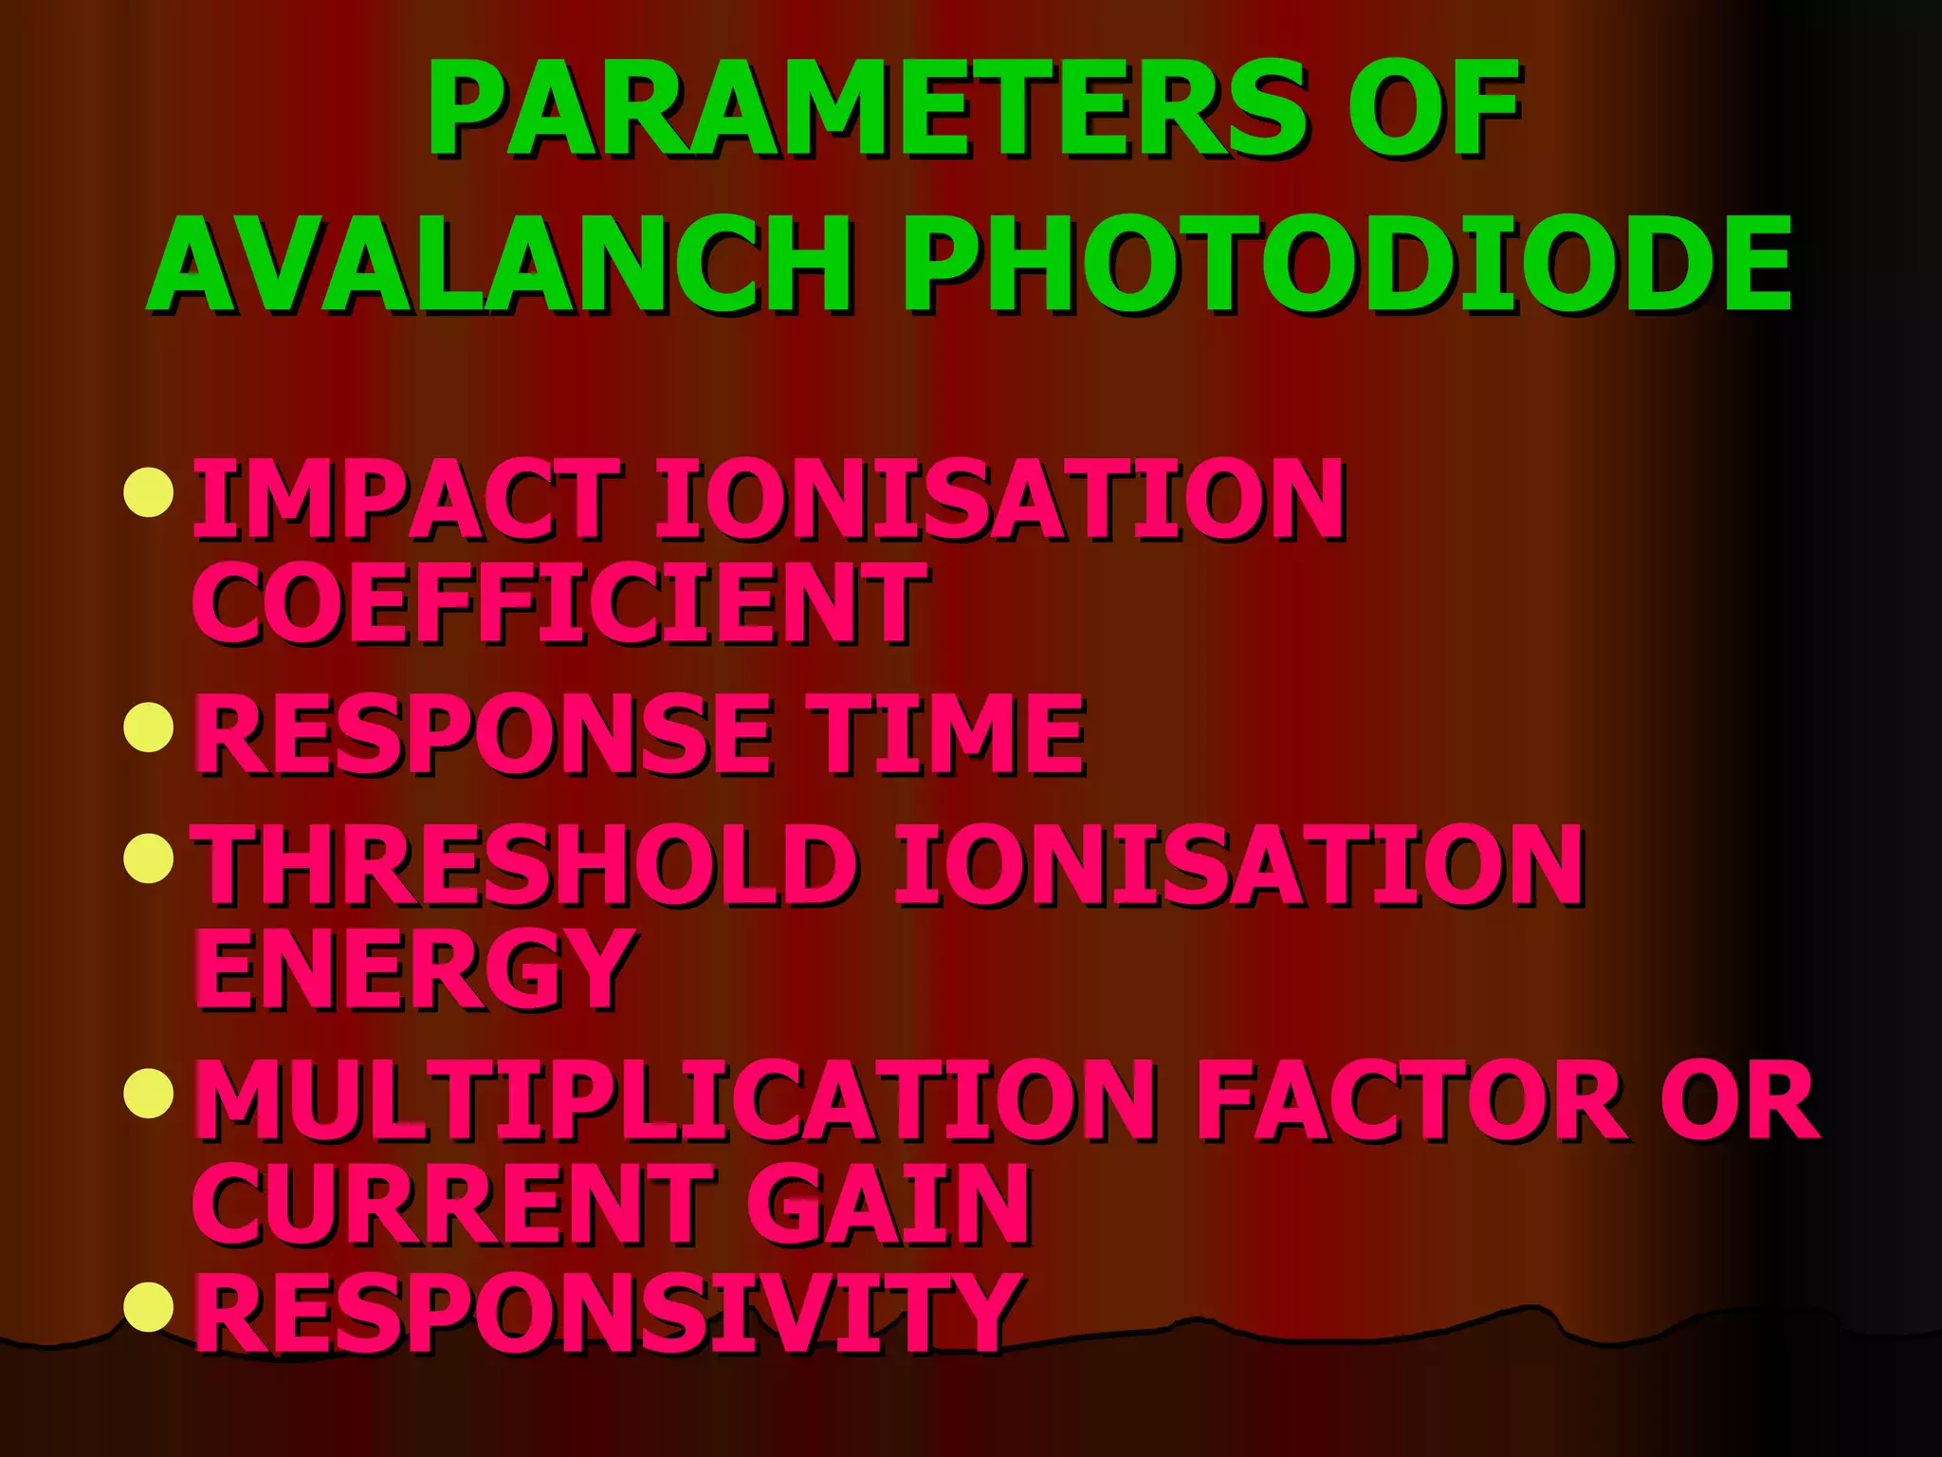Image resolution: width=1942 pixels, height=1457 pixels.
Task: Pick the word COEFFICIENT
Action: coord(559,601)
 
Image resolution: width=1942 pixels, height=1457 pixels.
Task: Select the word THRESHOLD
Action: coord(526,864)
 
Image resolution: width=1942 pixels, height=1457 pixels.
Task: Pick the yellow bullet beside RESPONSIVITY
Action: coord(149,1305)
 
